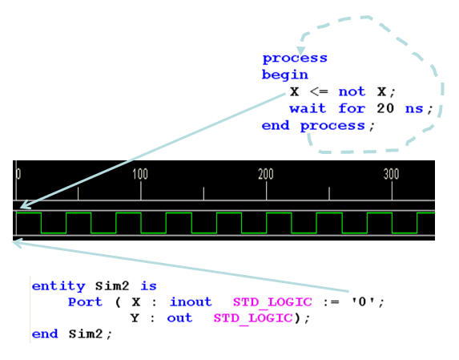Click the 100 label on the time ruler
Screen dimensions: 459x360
point(140,174)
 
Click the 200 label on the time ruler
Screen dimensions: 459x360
point(266,174)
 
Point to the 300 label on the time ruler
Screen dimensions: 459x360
point(392,174)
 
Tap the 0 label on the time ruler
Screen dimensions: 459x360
point(18,174)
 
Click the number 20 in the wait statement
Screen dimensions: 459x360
point(385,108)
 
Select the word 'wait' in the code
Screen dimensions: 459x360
point(308,109)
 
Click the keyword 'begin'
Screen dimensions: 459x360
point(285,75)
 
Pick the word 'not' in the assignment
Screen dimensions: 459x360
point(352,91)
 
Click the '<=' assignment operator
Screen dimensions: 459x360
point(319,91)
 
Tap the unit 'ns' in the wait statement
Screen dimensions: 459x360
point(414,109)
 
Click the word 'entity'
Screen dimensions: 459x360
point(58,286)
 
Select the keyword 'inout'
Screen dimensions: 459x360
point(191,301)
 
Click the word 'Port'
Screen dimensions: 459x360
point(85,301)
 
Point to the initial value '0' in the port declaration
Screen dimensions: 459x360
point(362,301)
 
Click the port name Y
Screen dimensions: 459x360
point(135,318)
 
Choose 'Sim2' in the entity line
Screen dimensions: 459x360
point(112,286)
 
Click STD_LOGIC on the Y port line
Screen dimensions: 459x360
point(253,318)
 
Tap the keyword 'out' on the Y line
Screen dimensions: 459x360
point(179,318)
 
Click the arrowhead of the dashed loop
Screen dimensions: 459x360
point(301,51)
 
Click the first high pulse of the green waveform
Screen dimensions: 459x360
point(29,213)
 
